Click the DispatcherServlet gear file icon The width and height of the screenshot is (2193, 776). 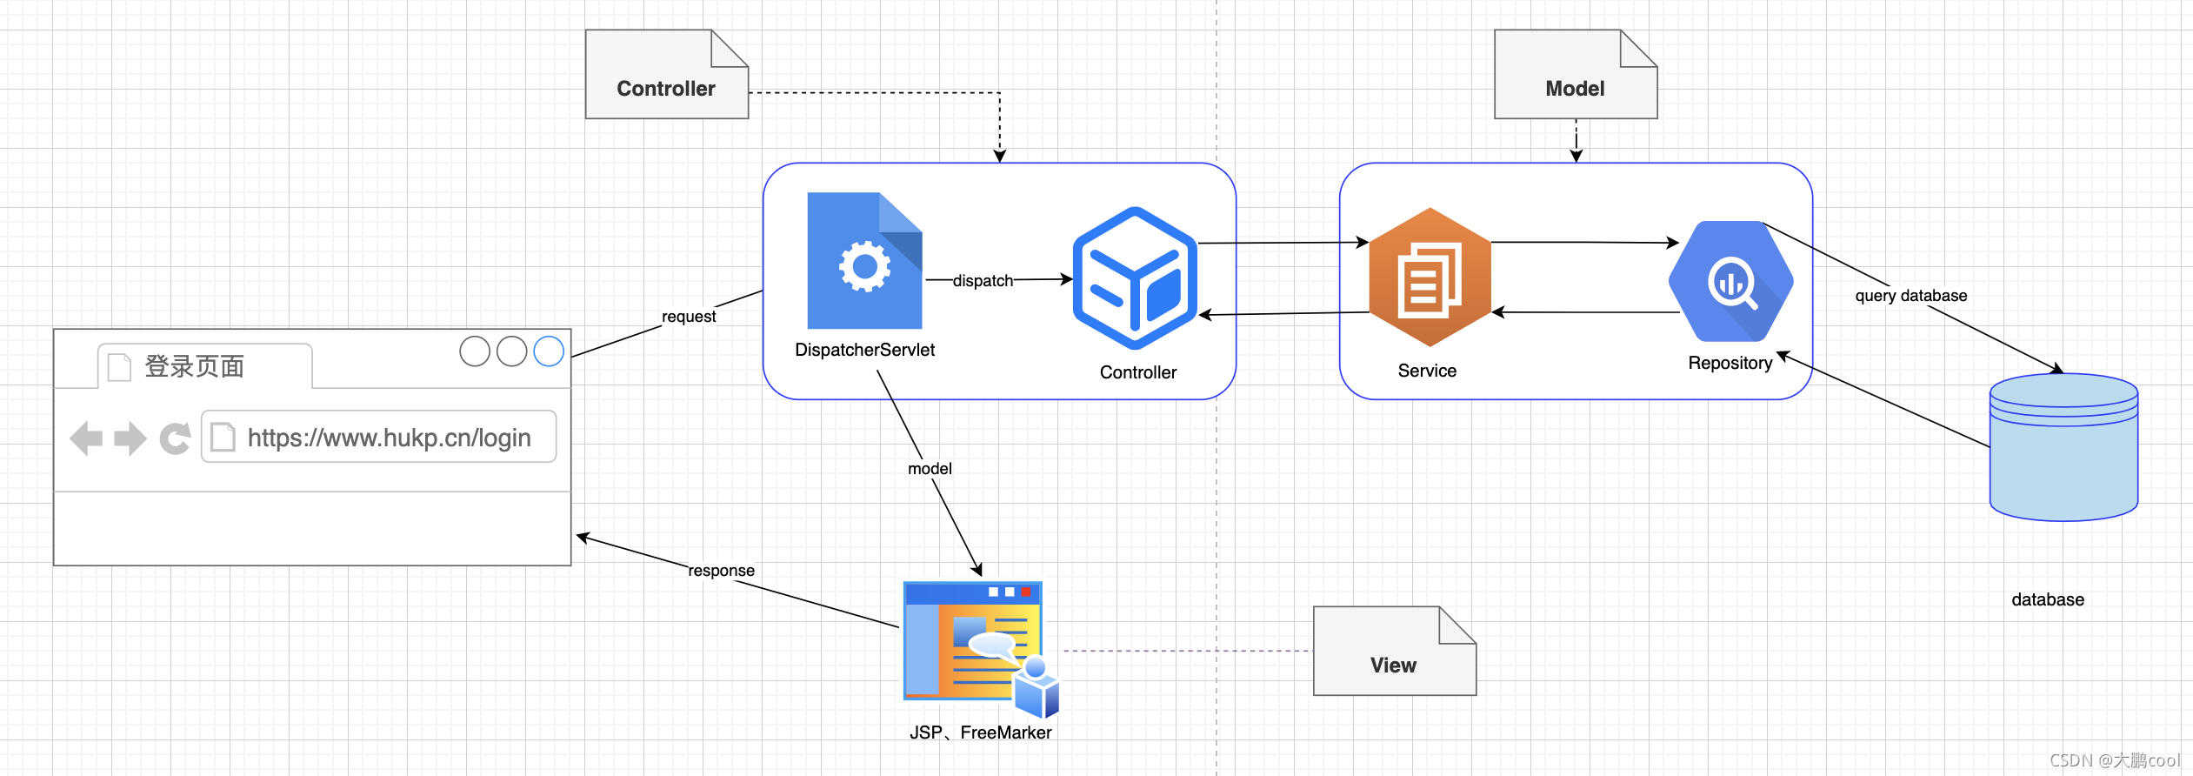pyautogui.click(x=864, y=261)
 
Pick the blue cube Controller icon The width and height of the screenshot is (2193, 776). pyautogui.click(x=1135, y=278)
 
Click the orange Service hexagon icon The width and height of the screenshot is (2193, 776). pyautogui.click(x=1430, y=277)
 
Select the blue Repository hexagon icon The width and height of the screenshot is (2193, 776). pyautogui.click(x=1730, y=281)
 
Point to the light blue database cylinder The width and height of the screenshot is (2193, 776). pyautogui.click(x=2063, y=448)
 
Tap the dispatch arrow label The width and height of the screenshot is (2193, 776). pyautogui.click(x=983, y=281)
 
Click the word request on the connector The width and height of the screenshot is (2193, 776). pyautogui.click(x=689, y=317)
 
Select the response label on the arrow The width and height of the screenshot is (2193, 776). pyautogui.click(x=721, y=571)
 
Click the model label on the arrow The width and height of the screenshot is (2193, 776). pyautogui.click(x=930, y=469)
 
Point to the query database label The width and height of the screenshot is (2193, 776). pyautogui.click(x=1910, y=296)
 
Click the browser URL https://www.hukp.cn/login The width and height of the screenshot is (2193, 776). pyautogui.click(x=389, y=438)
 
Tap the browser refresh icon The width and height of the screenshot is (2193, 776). pyautogui.click(x=175, y=438)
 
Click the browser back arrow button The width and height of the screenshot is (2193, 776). pyautogui.click(x=86, y=438)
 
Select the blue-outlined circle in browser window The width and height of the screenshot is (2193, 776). pyautogui.click(x=549, y=351)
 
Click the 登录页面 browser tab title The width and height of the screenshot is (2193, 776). pyautogui.click(x=194, y=366)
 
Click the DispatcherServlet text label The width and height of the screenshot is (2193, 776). pyautogui.click(x=864, y=350)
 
